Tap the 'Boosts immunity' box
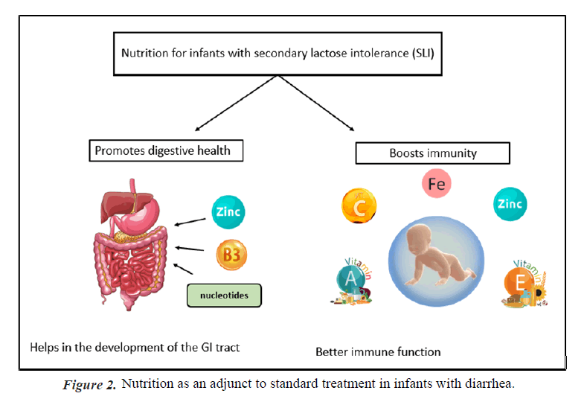pos(432,153)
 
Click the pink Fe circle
pos(437,183)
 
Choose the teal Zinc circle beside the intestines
pos(227,212)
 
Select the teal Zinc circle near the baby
pos(510,204)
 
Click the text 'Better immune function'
pos(378,351)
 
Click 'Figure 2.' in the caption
pos(89,385)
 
